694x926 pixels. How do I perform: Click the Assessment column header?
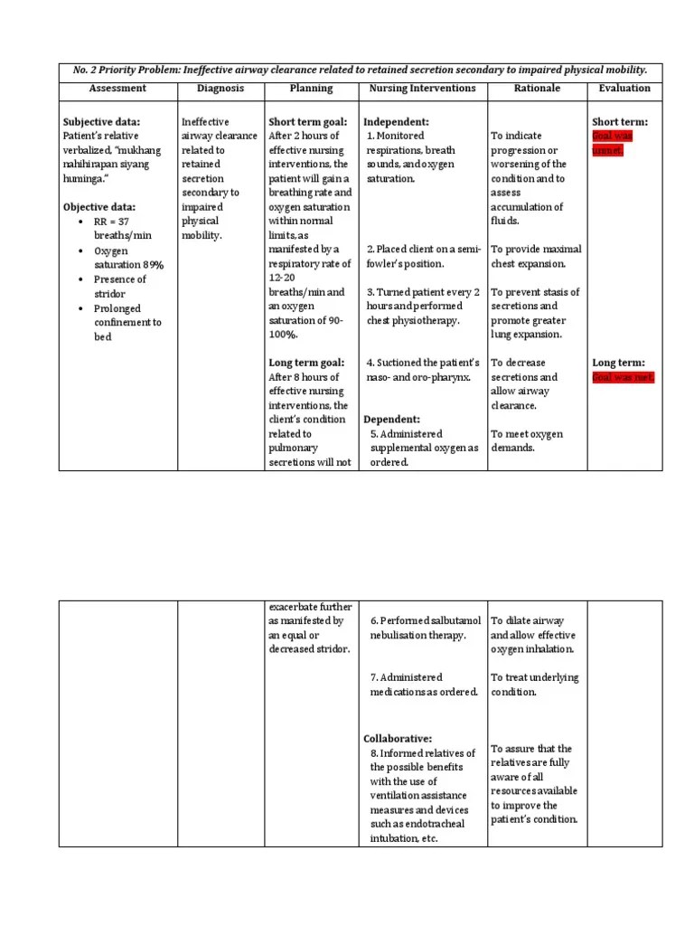tap(117, 89)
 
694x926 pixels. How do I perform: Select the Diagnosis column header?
tap(220, 89)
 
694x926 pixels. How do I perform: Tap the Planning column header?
tap(311, 89)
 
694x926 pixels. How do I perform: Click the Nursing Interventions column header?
tap(423, 89)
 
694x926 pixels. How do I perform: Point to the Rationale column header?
tap(537, 89)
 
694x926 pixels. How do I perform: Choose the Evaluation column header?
tap(624, 89)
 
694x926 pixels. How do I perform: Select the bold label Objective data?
tap(99, 207)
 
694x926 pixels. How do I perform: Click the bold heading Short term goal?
tap(308, 122)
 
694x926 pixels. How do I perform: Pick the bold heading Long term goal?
tap(306, 363)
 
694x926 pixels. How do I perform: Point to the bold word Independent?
tap(396, 122)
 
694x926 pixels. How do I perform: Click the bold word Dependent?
tap(392, 420)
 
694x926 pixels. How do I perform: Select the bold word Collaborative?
tap(398, 739)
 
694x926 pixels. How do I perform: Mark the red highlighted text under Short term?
tap(613, 143)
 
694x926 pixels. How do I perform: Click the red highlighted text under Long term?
tap(623, 377)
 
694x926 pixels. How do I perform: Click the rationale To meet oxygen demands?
tap(527, 440)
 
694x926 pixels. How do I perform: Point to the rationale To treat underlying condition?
tap(535, 685)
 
